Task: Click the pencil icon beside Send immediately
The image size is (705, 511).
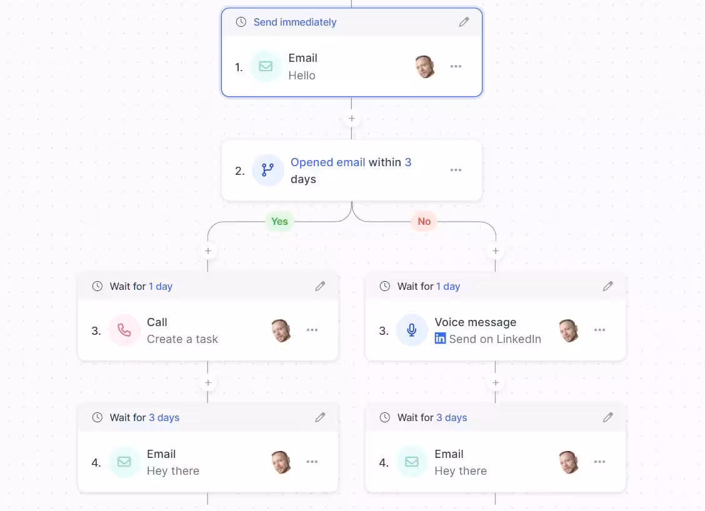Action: coord(464,22)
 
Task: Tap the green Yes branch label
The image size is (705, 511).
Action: coord(279,221)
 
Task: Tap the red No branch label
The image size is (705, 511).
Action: coord(424,221)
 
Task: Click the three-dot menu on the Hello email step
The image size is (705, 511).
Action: coord(456,67)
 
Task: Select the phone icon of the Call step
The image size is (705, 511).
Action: coord(124,330)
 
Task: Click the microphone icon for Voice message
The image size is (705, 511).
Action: coord(412,330)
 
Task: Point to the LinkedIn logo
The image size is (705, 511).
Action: coord(440,339)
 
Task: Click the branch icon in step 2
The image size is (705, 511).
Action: coord(267,170)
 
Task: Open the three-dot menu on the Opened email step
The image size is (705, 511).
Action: coord(456,170)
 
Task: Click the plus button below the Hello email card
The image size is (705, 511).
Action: coord(351,118)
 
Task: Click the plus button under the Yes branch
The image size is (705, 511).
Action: coord(208,251)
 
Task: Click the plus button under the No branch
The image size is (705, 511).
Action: coord(496,251)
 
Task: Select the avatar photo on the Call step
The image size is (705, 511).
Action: coord(281,330)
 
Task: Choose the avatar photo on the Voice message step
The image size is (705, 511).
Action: coord(568,330)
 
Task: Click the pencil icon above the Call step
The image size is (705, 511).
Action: coord(320,286)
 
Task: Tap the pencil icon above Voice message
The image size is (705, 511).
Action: coord(607,286)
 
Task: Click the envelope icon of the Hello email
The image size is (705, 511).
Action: coord(266,67)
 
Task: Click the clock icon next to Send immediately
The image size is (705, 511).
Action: coord(241,22)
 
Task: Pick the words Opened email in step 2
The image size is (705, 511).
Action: coord(327,162)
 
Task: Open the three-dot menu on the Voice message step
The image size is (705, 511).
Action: coord(599,330)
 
